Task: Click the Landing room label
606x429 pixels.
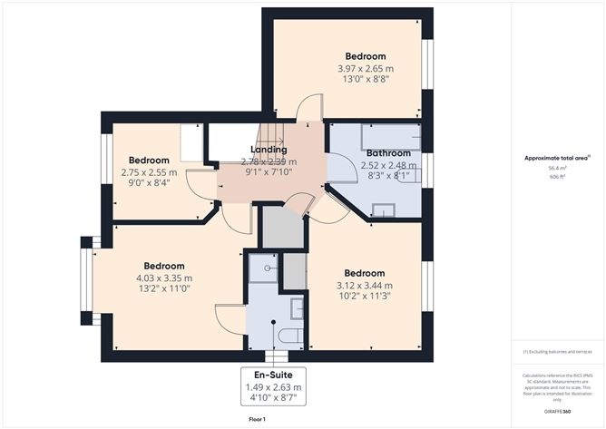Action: tap(269, 150)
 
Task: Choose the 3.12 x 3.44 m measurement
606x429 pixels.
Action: tap(364, 285)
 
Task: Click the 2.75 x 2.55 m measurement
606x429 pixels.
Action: tap(149, 171)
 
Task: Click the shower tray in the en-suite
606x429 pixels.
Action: tap(263, 266)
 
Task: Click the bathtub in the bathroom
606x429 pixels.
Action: tap(391, 137)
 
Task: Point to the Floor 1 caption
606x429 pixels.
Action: tap(257, 419)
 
